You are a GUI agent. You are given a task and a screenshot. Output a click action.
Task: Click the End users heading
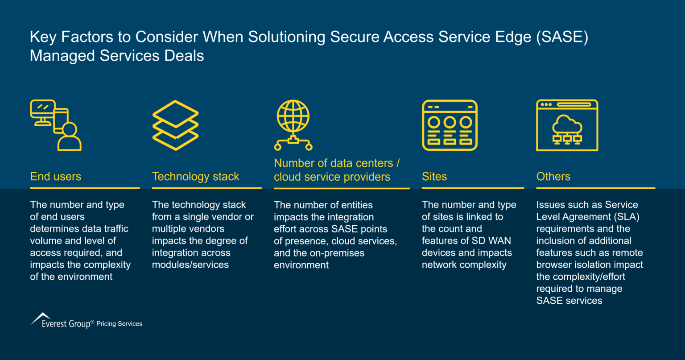tap(56, 177)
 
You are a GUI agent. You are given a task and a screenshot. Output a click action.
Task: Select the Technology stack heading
tap(195, 177)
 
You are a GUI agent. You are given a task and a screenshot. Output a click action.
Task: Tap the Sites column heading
tap(434, 177)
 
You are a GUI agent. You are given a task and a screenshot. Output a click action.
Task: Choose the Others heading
tap(553, 177)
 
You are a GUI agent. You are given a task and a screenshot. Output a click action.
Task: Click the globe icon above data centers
tap(293, 116)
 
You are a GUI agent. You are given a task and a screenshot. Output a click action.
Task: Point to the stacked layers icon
tap(175, 125)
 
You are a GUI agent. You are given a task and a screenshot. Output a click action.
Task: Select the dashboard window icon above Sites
tap(450, 125)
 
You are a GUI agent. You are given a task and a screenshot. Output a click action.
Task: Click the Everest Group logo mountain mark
tap(41, 317)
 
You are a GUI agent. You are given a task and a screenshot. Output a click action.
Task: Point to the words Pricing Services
tap(120, 324)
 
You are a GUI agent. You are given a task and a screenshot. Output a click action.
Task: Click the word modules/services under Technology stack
tap(190, 265)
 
